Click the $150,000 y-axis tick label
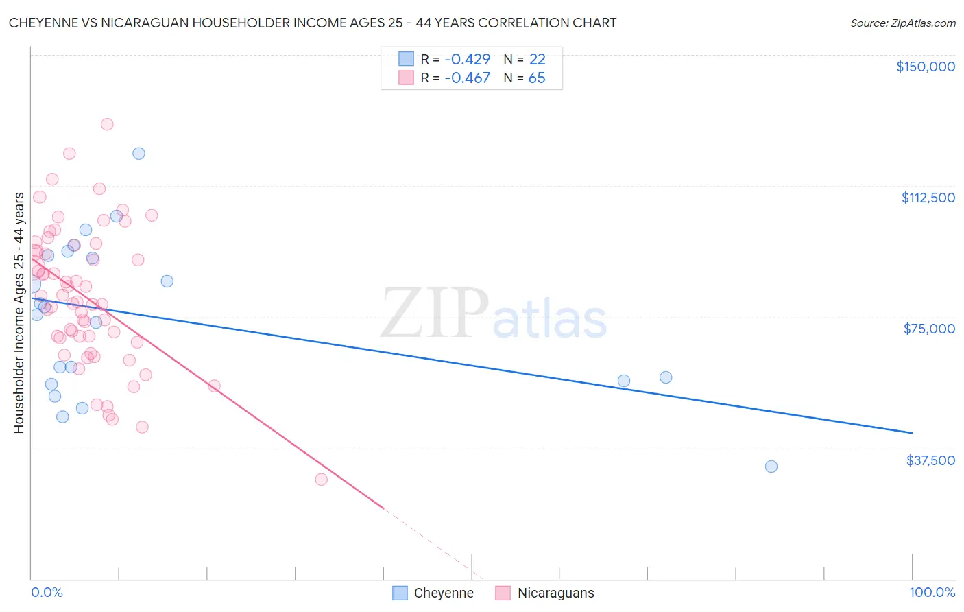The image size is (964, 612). click(x=925, y=67)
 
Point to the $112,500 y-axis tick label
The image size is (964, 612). click(x=928, y=198)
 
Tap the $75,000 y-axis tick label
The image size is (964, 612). click(x=929, y=329)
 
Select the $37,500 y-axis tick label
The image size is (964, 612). click(x=930, y=460)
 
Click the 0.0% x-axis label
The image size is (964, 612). click(x=47, y=592)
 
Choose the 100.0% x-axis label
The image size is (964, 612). click(x=932, y=592)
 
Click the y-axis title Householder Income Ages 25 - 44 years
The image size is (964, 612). click(x=19, y=312)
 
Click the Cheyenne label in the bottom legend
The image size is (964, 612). click(x=443, y=593)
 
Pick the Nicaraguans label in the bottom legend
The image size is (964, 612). click(x=555, y=593)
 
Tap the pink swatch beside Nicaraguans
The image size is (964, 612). click(x=503, y=593)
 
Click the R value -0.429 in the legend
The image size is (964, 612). click(x=467, y=59)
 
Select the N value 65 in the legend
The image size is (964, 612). click(x=537, y=78)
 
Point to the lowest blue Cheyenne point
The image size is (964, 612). click(x=771, y=467)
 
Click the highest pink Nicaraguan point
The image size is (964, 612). click(x=107, y=124)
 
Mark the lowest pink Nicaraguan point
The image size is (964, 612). click(x=321, y=480)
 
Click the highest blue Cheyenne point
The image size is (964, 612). click(x=138, y=154)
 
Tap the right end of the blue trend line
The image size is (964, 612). click(x=912, y=433)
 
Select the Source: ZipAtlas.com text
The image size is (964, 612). click(x=902, y=23)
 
